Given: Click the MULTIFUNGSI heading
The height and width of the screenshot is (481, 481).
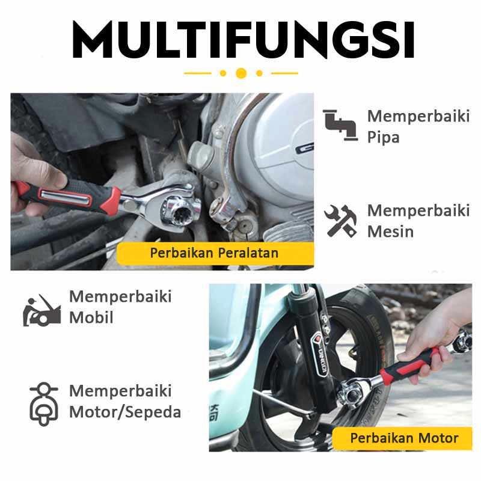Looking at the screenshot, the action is coord(244,39).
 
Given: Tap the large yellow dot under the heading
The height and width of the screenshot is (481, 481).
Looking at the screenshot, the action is coord(241,73).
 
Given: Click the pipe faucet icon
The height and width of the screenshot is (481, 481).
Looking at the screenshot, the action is coord(340,125).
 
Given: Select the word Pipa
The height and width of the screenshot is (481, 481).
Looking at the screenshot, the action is coord(383,137).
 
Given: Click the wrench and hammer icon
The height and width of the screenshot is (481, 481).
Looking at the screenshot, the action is coord(340,221).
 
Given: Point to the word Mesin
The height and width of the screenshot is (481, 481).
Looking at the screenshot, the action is coord(390,231).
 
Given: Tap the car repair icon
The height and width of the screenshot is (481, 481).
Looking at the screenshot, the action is coord(42,310).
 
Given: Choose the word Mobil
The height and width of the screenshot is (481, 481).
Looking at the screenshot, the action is coord(91,317).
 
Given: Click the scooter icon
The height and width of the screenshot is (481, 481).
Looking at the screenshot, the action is coord(44,404).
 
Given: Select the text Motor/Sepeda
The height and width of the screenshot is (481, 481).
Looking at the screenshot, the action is coord(125,412).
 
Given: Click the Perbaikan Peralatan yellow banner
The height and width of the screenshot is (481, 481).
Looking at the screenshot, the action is coord(215,253).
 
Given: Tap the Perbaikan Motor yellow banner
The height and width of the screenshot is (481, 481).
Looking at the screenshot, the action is coord(402,438).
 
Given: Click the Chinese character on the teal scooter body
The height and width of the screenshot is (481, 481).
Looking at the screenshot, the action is coord(214,412).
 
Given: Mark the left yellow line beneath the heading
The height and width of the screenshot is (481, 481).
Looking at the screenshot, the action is coord(198,73).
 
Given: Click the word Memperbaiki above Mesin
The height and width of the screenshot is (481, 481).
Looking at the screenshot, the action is coord(418,211).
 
